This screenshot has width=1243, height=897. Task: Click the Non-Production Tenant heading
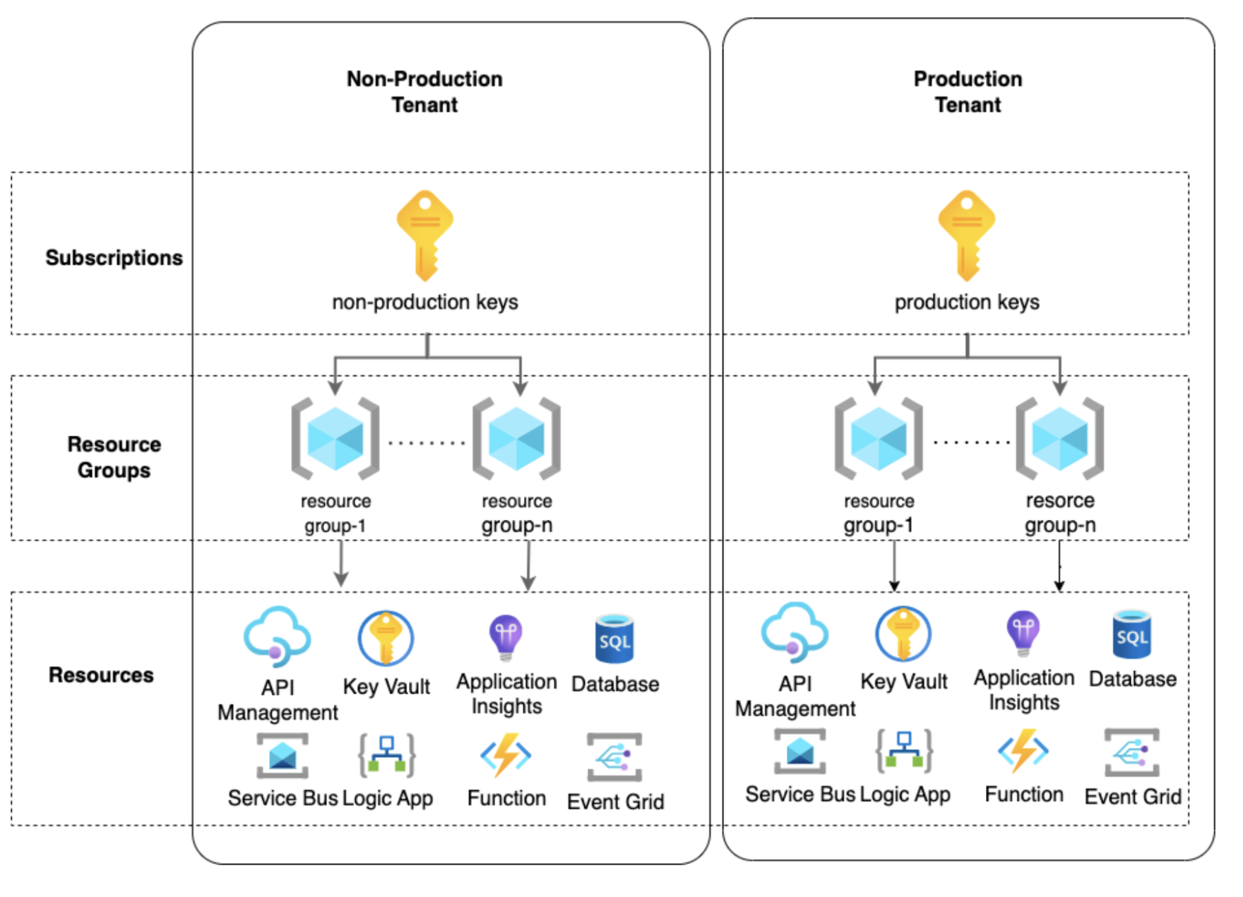click(424, 92)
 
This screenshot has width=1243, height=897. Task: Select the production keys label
click(967, 302)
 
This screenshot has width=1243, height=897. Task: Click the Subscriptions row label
click(114, 258)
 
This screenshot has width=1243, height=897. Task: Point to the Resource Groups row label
click(114, 457)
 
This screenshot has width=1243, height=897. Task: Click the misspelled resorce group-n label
click(1060, 513)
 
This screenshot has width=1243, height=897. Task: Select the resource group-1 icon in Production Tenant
click(879, 439)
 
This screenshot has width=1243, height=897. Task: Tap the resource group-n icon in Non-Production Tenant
click(517, 439)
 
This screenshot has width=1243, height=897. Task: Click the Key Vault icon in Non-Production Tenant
click(386, 638)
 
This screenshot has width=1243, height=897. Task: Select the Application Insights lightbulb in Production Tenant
click(1023, 633)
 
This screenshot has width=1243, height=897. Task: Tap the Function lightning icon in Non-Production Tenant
click(506, 755)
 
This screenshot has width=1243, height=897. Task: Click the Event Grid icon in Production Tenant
click(1132, 752)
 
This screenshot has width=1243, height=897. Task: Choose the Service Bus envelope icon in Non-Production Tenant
click(282, 756)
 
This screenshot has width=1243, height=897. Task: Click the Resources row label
click(101, 675)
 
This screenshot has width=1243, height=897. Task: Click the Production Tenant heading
click(968, 92)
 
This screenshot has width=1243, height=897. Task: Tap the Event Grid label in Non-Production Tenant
click(615, 802)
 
